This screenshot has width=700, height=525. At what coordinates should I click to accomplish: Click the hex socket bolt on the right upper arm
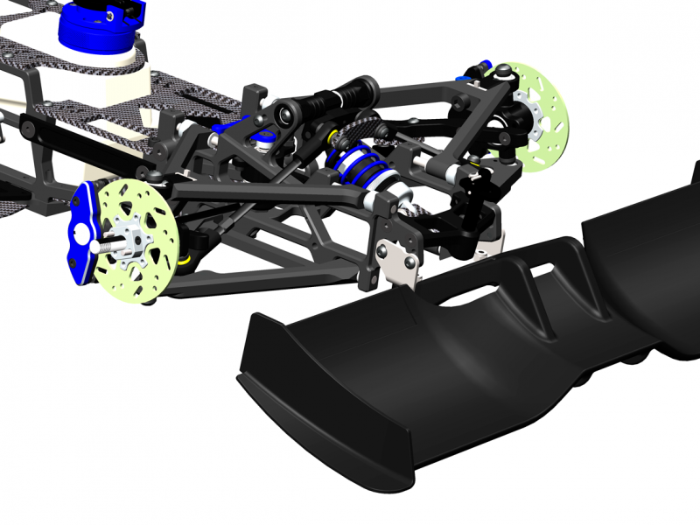[x=458, y=105]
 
